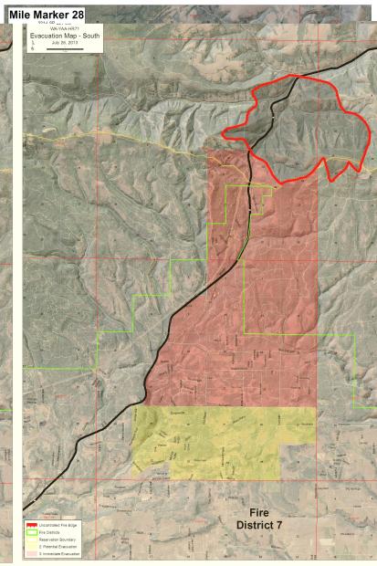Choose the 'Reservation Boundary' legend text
(x=55, y=540)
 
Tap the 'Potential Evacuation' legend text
(x=56, y=547)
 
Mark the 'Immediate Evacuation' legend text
(x=57, y=554)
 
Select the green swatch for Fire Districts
(x=31, y=533)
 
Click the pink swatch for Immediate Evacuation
(x=31, y=554)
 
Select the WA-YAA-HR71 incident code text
(x=64, y=28)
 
